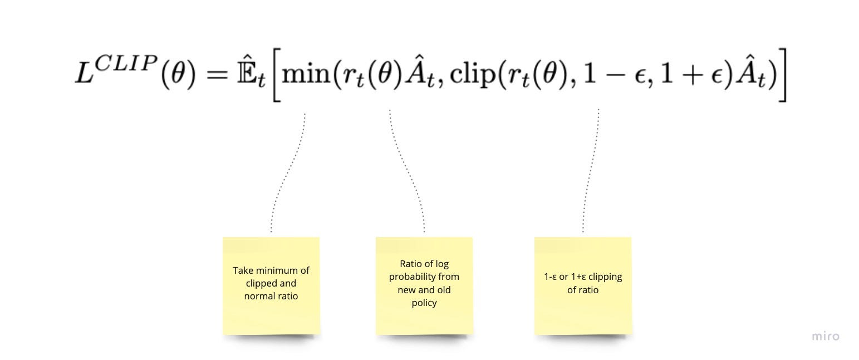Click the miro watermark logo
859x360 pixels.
pos(825,336)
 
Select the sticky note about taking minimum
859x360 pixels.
pos(271,285)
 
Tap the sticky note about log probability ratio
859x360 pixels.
pos(424,285)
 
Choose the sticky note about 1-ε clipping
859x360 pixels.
pos(583,285)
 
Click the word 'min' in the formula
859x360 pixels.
pos(306,73)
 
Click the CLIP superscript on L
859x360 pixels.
pos(125,63)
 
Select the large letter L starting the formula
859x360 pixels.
pos(85,73)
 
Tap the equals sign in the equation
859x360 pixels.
pos(217,75)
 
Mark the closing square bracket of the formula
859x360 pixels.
pos(782,75)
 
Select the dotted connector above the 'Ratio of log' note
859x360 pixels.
pos(408,172)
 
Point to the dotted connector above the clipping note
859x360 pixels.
pos(591,171)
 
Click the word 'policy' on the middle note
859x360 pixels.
pos(424,303)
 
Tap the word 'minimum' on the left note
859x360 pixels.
pos(274,270)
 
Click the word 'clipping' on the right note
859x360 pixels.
pos(605,277)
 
